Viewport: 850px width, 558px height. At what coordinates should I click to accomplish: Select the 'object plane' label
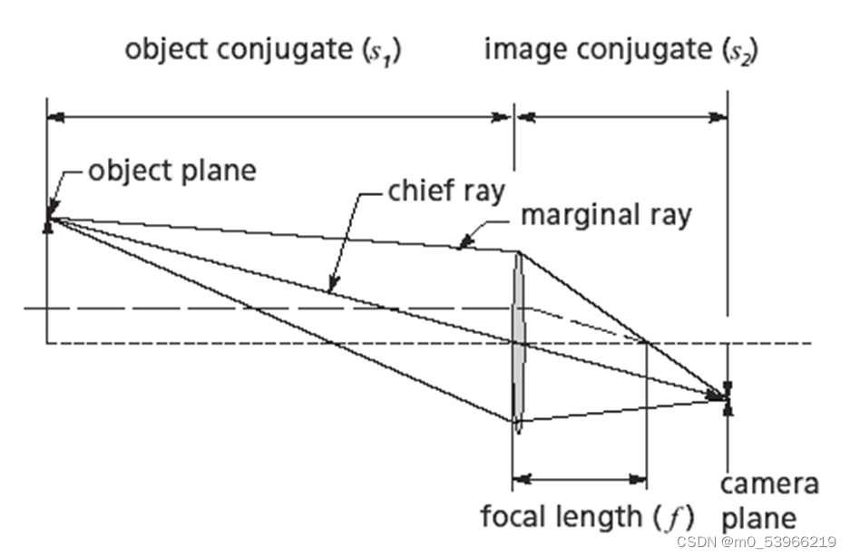click(x=171, y=170)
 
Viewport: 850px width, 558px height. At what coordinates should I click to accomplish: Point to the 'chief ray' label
click(x=445, y=191)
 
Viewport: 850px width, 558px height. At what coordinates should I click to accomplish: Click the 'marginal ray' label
click(x=606, y=215)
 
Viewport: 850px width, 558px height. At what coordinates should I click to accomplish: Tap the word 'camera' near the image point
click(x=768, y=484)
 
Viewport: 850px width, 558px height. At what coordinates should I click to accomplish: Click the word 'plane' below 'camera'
click(x=760, y=518)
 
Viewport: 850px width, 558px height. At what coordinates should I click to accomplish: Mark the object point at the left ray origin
click(x=48, y=219)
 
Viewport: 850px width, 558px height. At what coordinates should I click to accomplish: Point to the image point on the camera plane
click(x=727, y=395)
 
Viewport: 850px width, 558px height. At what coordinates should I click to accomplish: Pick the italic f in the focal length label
click(x=672, y=518)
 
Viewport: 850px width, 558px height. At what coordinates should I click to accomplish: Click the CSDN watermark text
click(x=766, y=543)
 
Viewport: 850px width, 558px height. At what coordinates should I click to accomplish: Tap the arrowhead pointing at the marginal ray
click(x=464, y=243)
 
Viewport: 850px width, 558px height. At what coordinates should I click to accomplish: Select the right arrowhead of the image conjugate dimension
click(x=720, y=117)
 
